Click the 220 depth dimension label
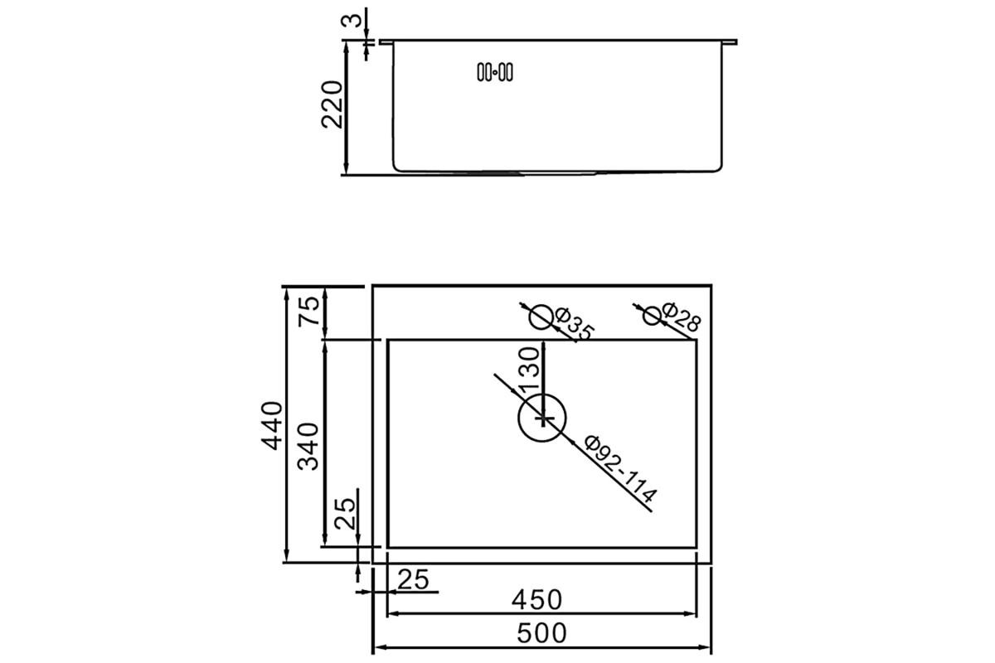pos(332,104)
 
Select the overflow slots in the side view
pos(495,72)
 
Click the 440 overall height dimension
pos(272,425)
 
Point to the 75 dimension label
pos(308,311)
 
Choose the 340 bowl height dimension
pos(308,447)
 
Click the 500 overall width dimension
pos(541,633)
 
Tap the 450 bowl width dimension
pos(536,599)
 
